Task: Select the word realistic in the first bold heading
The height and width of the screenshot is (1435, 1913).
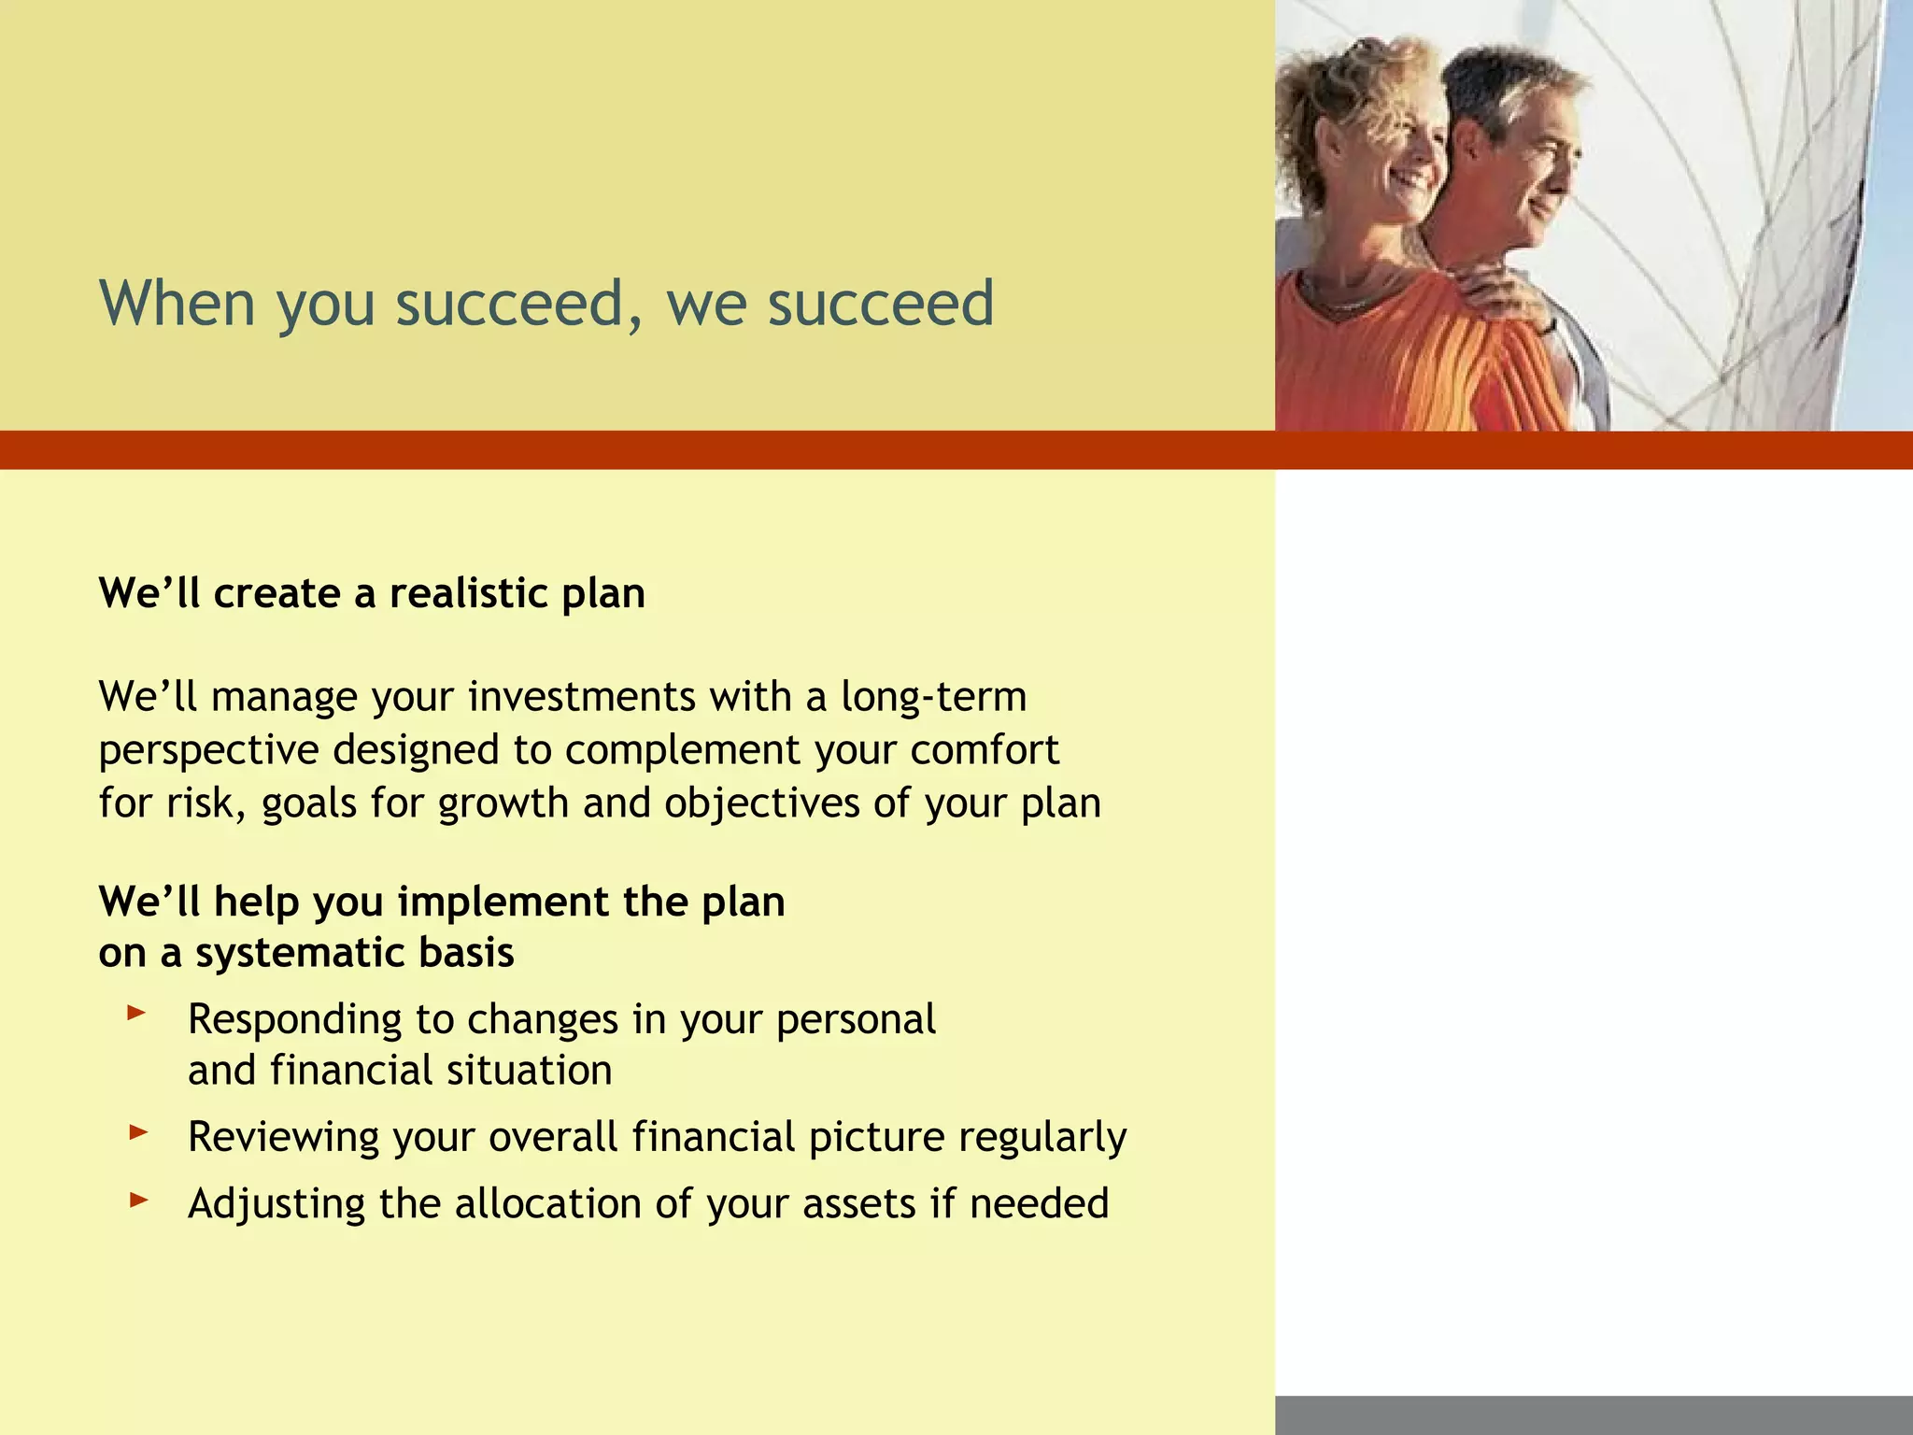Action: coord(469,594)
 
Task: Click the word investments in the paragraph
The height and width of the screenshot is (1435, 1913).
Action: coord(581,698)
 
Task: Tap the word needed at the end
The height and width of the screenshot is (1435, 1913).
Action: coord(1039,1204)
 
